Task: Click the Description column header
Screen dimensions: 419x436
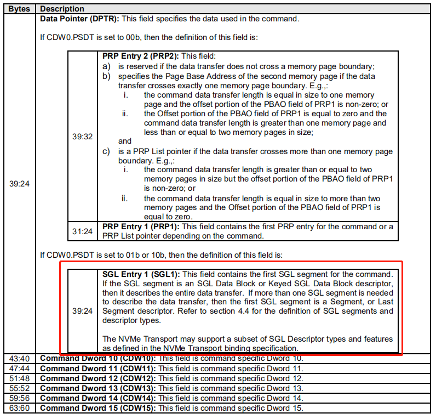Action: (62, 9)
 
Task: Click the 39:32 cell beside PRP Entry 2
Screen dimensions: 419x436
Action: (82, 136)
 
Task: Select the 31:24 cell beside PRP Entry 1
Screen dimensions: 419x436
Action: (82, 231)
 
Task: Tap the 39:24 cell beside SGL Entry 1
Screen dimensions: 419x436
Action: (82, 311)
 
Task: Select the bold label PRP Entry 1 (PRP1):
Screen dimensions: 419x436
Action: (140, 227)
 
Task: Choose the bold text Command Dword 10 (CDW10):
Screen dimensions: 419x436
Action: (98, 358)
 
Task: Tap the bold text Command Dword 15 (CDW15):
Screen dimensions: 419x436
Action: (98, 409)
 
